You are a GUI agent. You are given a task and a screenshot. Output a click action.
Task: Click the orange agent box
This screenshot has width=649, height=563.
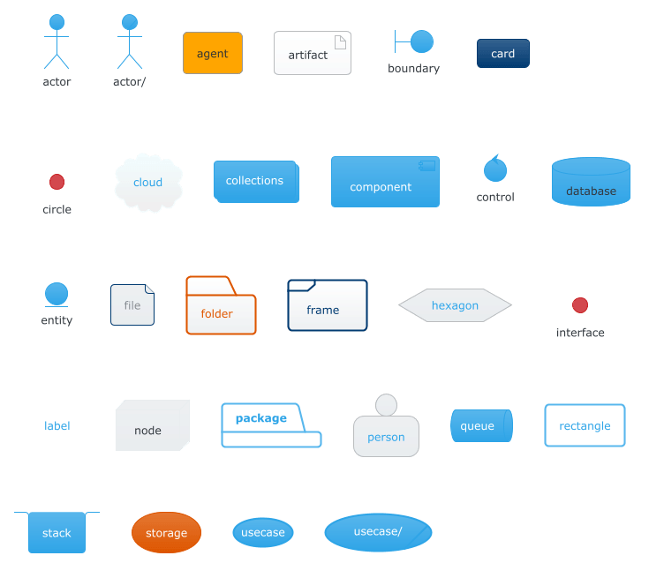[213, 53]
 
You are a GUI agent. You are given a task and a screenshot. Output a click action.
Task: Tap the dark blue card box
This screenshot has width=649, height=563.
[503, 53]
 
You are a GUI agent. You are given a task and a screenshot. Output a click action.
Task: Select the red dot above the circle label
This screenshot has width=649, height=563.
[57, 182]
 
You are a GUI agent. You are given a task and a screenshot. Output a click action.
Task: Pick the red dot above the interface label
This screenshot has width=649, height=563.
[580, 305]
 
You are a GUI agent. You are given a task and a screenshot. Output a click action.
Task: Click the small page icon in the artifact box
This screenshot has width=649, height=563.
[340, 42]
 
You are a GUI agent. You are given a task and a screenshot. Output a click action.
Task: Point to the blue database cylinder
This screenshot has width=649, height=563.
[591, 182]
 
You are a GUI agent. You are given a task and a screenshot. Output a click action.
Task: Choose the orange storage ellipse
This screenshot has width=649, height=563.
[166, 532]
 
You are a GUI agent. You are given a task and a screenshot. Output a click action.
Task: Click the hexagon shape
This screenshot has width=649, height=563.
[455, 305]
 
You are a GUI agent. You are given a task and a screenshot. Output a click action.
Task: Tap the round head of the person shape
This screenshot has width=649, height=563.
[386, 404]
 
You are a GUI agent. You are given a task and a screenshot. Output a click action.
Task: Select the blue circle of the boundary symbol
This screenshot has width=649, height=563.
[422, 41]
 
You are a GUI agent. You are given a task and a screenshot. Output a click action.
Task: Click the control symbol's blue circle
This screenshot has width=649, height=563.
[495, 170]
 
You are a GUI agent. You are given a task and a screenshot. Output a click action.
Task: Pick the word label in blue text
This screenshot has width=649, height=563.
[57, 425]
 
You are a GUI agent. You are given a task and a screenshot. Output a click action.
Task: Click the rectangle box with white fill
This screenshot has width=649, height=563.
[585, 425]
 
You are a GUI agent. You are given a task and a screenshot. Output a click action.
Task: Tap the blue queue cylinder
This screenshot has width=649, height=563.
[481, 425]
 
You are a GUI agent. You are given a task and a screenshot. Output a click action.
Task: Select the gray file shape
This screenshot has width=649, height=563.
[132, 304]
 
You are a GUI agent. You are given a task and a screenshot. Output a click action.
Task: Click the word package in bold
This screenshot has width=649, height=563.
[261, 418]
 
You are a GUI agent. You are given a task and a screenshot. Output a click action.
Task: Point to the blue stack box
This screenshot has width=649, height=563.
[57, 532]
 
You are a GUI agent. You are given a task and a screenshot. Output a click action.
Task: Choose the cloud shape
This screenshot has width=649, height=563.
[148, 183]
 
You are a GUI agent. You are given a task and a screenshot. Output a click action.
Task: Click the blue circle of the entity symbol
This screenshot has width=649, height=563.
[57, 294]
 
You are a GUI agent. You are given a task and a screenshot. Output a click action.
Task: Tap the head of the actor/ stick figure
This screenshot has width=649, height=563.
[130, 22]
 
